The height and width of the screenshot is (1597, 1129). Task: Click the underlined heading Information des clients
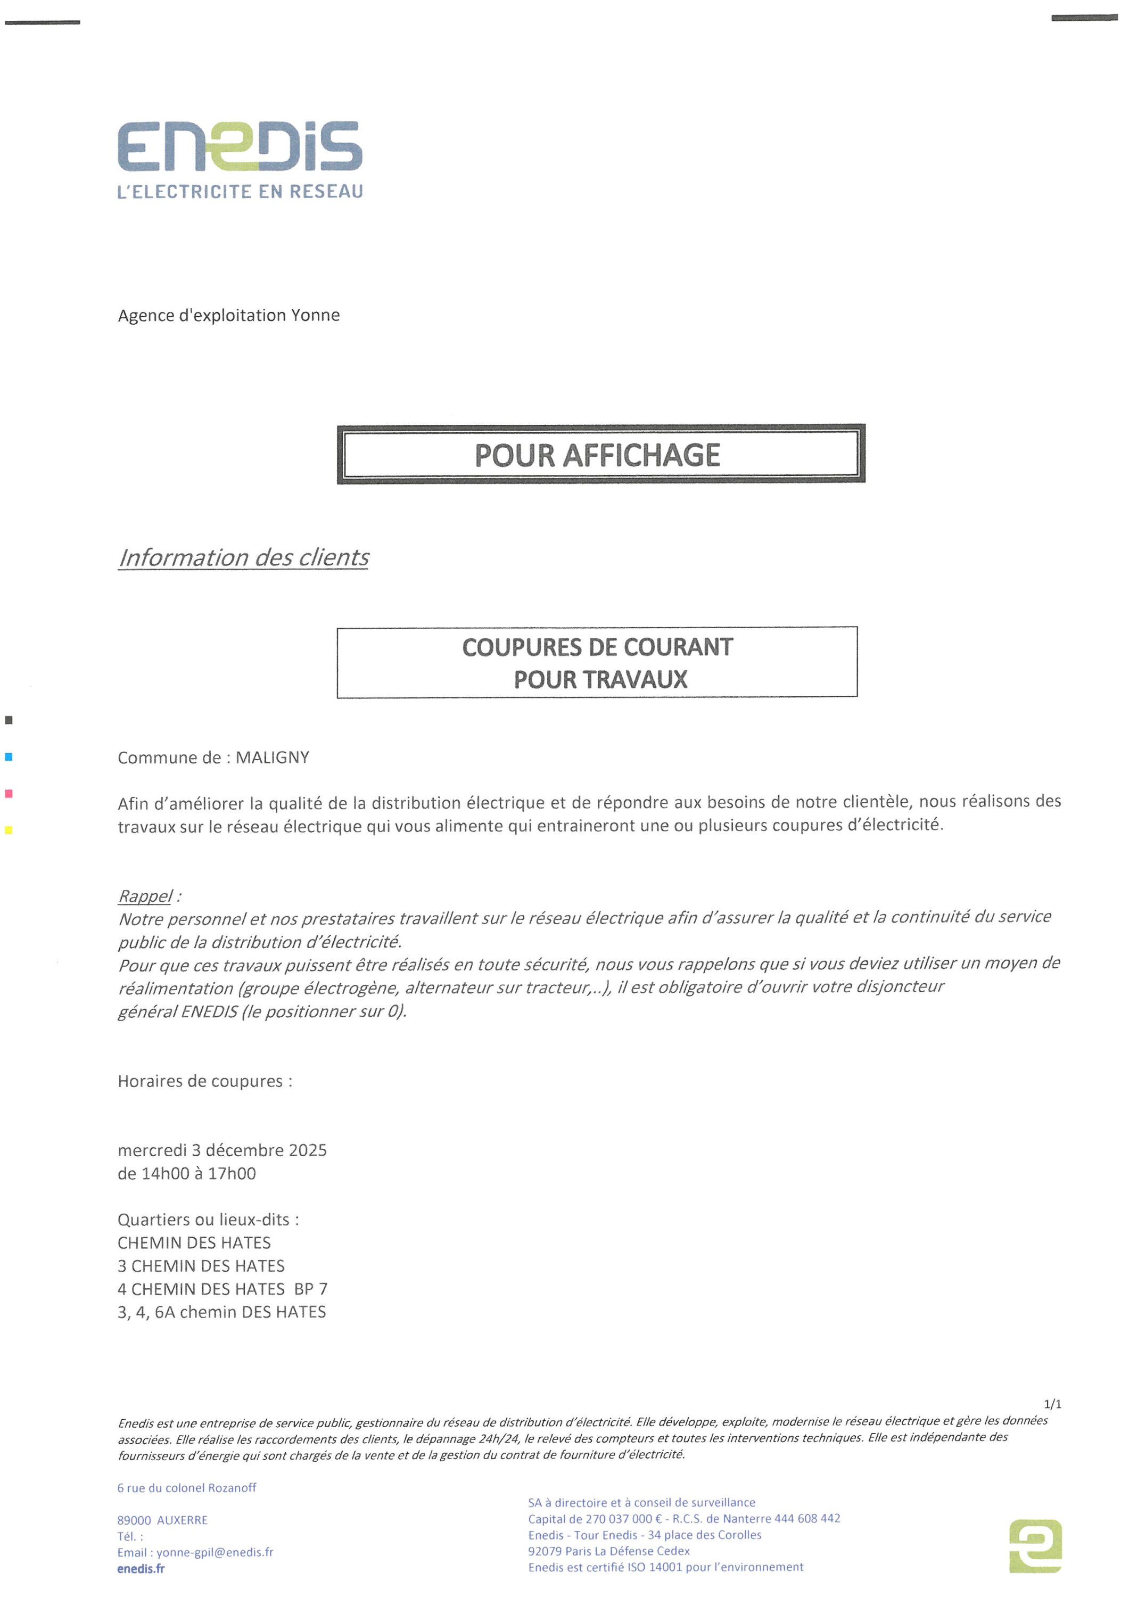[243, 557]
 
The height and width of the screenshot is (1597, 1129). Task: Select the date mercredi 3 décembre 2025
[222, 1150]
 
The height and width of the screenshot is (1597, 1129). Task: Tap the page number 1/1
[1052, 1404]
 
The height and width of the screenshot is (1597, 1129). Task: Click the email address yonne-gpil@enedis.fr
[215, 1552]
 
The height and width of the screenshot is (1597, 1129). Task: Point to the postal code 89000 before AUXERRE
[134, 1520]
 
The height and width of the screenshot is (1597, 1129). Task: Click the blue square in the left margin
[9, 757]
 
